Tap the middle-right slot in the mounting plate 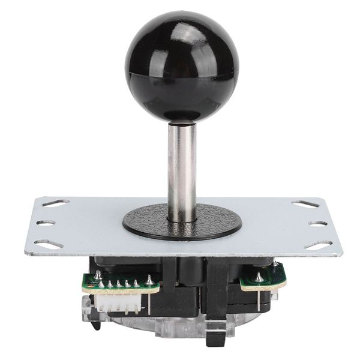317,223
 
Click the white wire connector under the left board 120,300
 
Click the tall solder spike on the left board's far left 97,275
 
